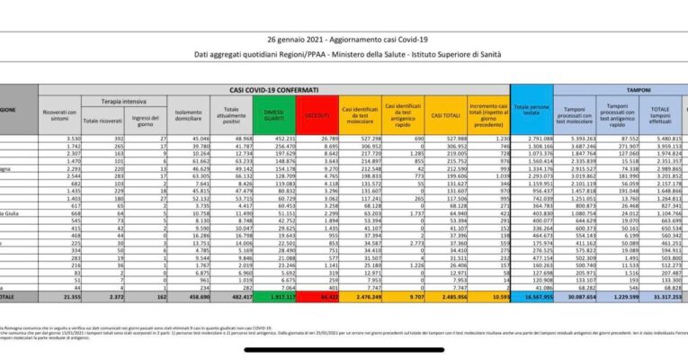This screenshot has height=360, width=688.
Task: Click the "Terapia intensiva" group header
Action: point(118,103)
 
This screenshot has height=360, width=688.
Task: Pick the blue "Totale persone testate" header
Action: point(532,113)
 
